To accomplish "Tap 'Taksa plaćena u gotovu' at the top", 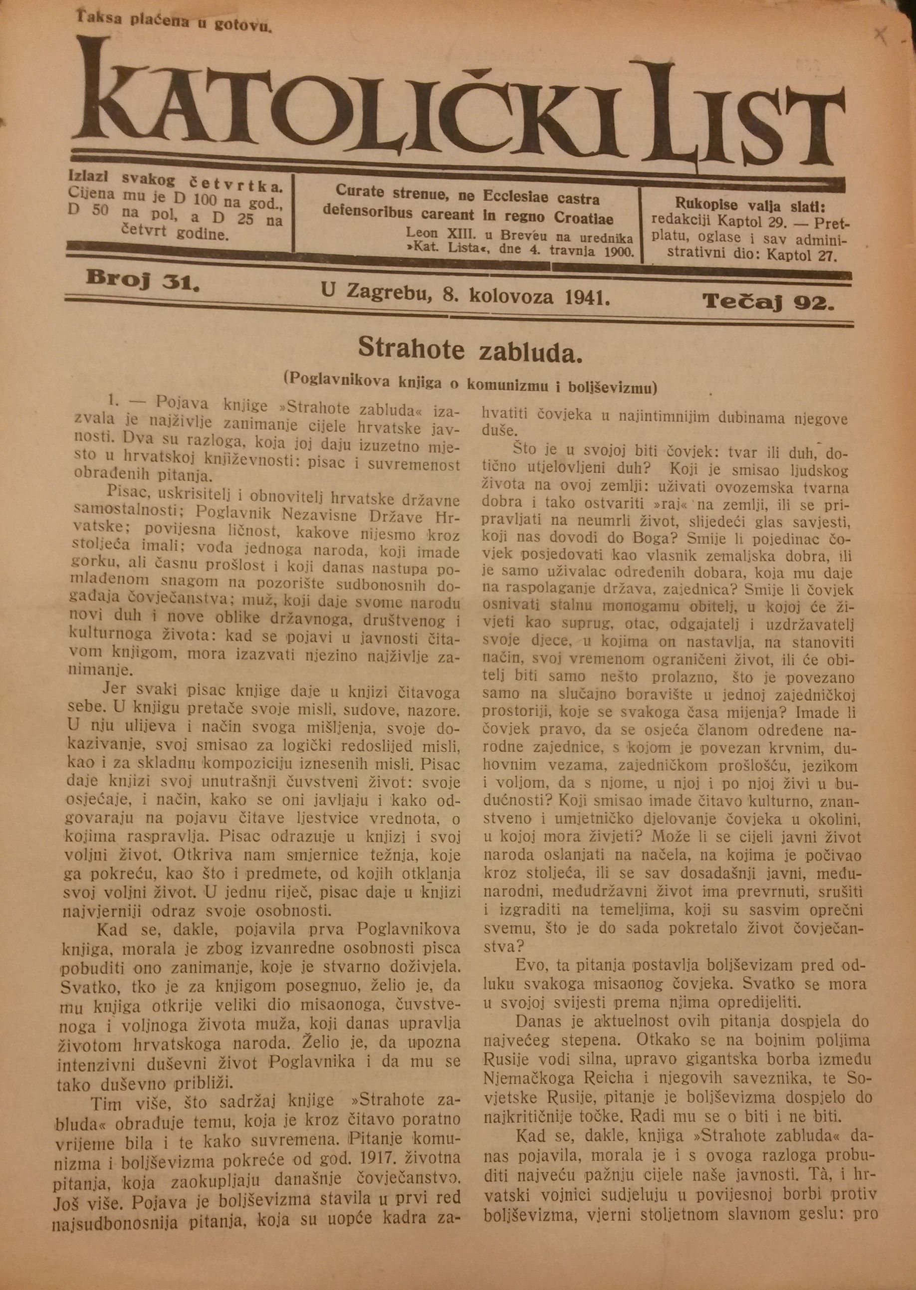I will coord(175,21).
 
